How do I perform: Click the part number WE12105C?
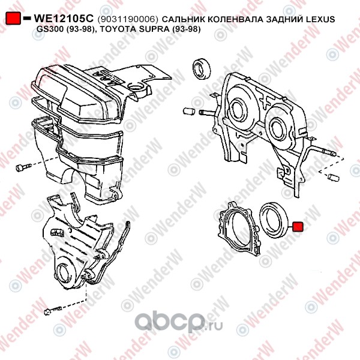click(64, 19)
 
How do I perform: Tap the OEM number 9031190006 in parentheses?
click(128, 20)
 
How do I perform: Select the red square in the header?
click(13, 18)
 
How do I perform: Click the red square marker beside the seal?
click(298, 227)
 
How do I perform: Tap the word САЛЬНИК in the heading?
click(183, 19)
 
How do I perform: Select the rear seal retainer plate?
click(238, 228)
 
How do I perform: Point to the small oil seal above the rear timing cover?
click(202, 69)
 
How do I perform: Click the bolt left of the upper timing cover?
click(23, 167)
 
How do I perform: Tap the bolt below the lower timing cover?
click(53, 310)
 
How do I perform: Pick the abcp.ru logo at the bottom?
click(178, 322)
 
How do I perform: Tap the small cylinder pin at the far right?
click(333, 178)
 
